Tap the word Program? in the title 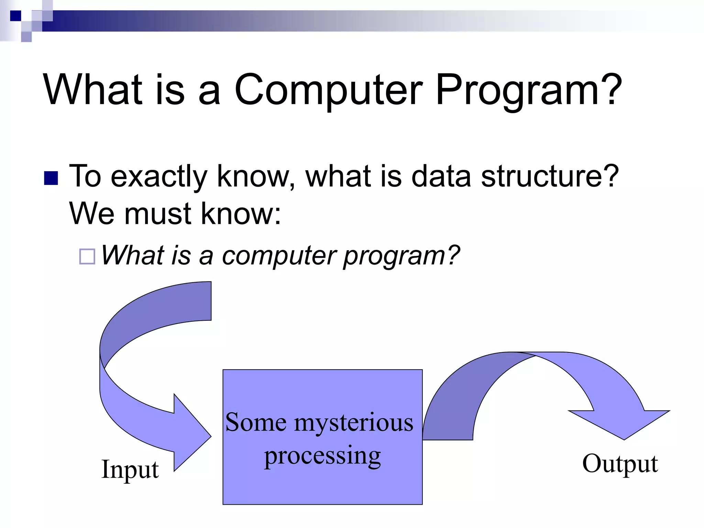[x=528, y=90]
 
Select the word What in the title [x=93, y=90]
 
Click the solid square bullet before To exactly [x=51, y=178]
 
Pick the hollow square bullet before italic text [x=87, y=256]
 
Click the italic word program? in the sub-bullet [x=401, y=256]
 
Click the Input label [x=130, y=469]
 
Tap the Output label [x=620, y=463]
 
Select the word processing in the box [x=322, y=456]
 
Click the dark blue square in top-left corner [x=15, y=16]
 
